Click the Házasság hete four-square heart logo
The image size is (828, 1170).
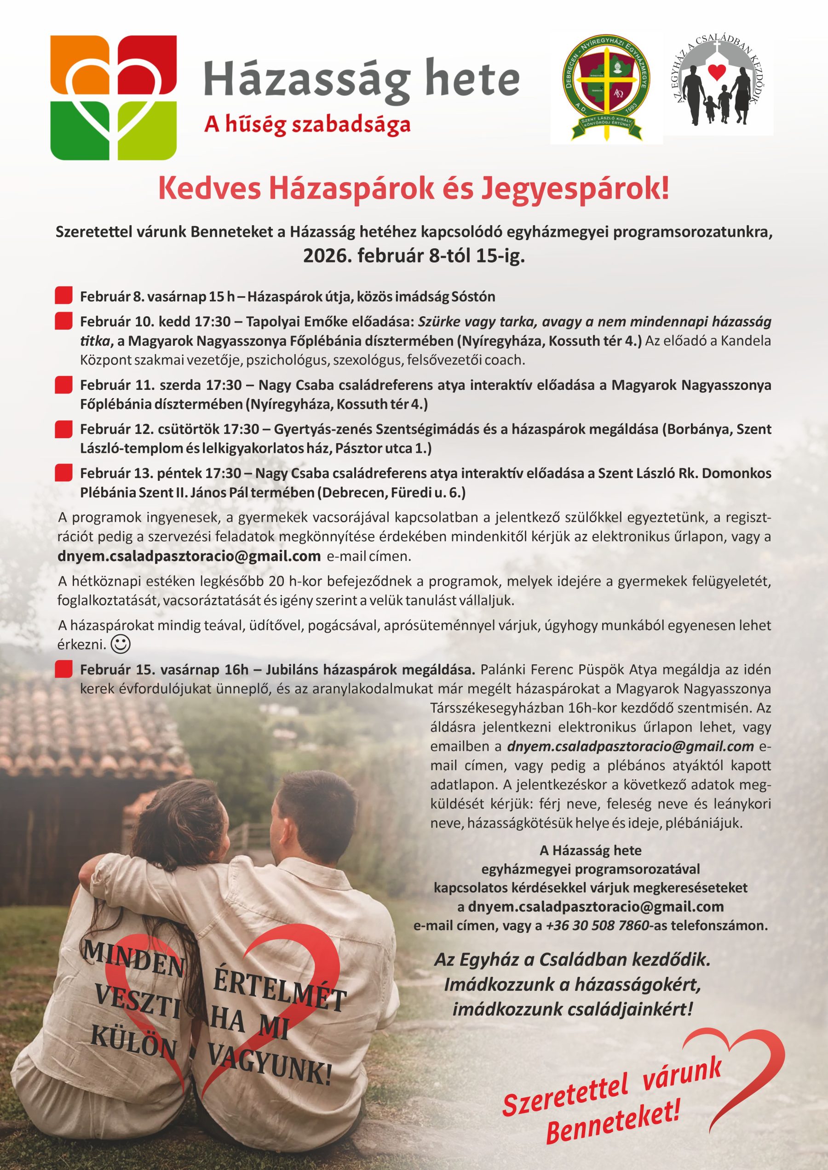(114, 97)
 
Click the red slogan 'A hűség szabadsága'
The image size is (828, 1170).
(307, 125)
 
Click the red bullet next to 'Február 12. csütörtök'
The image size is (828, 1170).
(63, 429)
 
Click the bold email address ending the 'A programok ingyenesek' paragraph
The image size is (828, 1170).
(189, 556)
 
